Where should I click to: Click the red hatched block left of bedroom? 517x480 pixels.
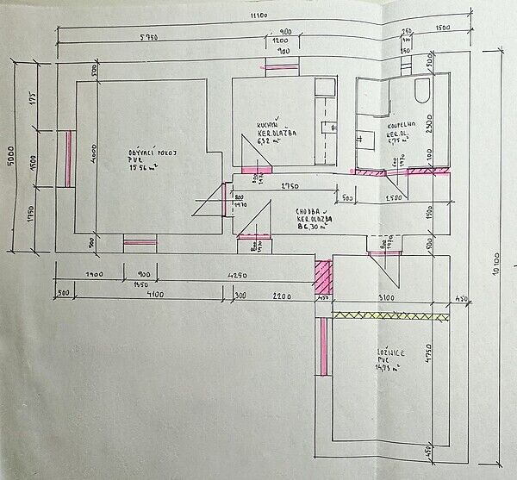(x=323, y=276)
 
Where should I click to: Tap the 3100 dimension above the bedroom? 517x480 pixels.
(x=386, y=298)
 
